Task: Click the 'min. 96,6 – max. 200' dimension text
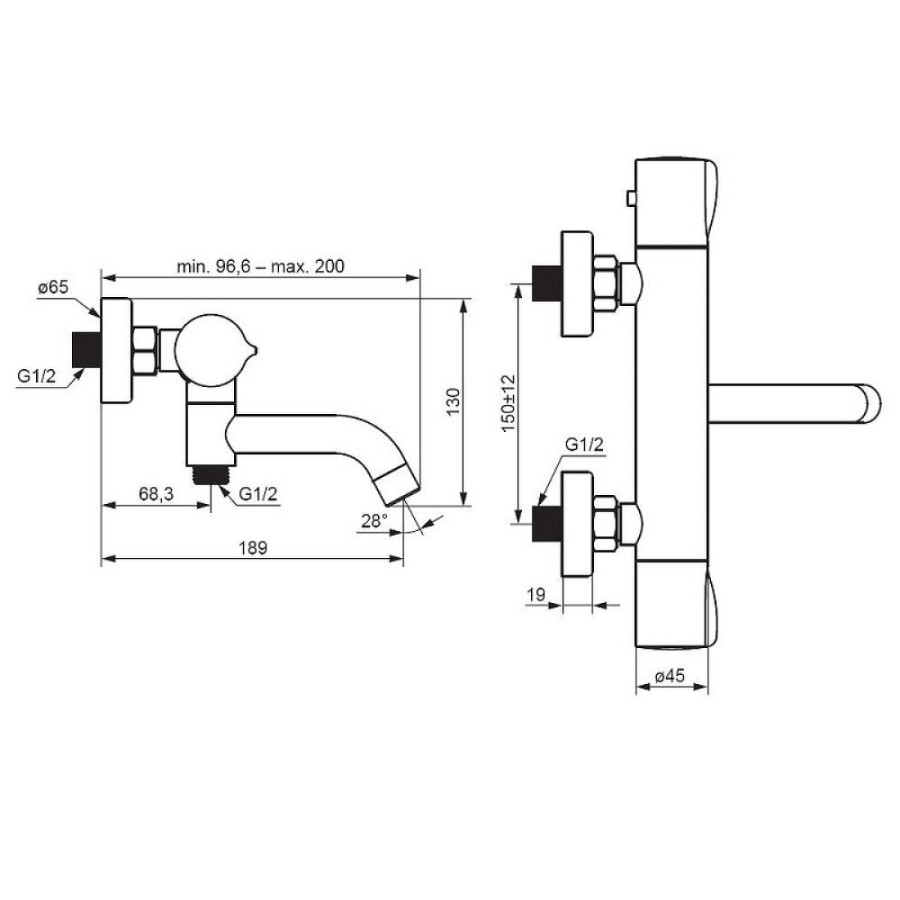pyautogui.click(x=260, y=266)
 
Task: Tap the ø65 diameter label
pyautogui.click(x=53, y=288)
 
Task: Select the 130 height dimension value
pyautogui.click(x=453, y=402)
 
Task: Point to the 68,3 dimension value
pyautogui.click(x=156, y=494)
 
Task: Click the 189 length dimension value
pyautogui.click(x=253, y=548)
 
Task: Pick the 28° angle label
pyautogui.click(x=374, y=521)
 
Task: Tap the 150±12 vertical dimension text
pyautogui.click(x=509, y=404)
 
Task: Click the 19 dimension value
pyautogui.click(x=536, y=595)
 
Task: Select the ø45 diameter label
pyautogui.click(x=670, y=676)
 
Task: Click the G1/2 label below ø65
pyautogui.click(x=37, y=376)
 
